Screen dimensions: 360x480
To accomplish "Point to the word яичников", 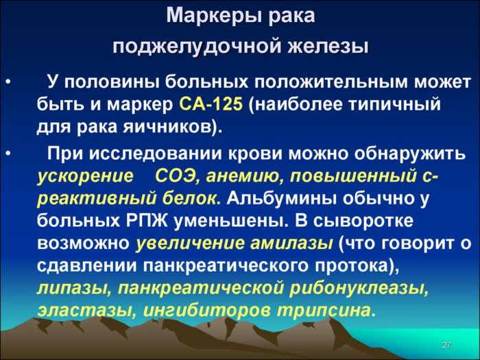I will (180, 127).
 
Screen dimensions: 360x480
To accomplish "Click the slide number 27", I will (446, 344).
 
